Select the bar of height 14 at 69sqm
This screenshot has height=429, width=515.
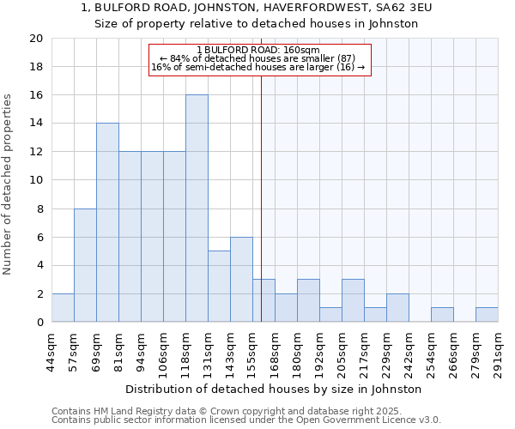[107, 223]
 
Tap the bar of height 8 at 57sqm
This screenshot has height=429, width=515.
[85, 265]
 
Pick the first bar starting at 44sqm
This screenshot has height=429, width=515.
[63, 308]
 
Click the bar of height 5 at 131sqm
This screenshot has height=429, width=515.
[219, 287]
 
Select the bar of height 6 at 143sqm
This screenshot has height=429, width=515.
[241, 280]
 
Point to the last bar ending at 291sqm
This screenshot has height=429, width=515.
[487, 315]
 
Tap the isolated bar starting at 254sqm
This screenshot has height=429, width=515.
[442, 315]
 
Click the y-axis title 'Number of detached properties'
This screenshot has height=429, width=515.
[8, 184]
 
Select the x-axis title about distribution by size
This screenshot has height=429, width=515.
[280, 389]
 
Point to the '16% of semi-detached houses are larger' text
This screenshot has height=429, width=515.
[253, 67]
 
